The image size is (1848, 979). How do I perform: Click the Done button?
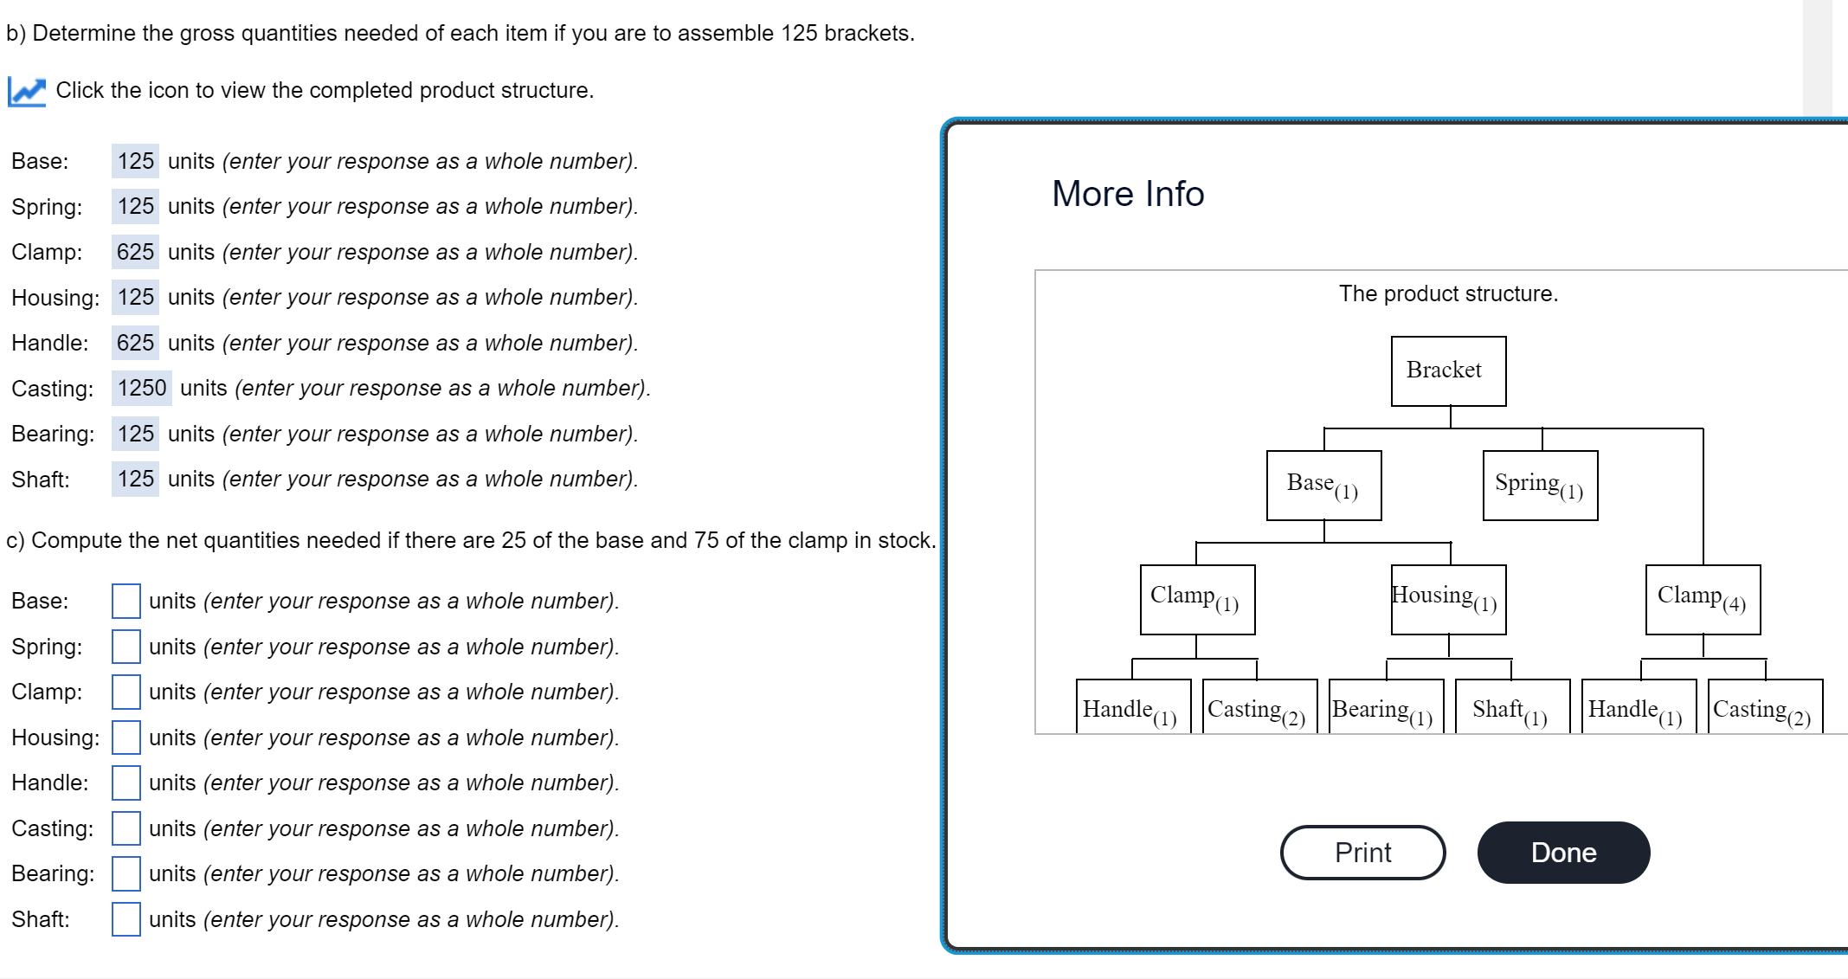1562,853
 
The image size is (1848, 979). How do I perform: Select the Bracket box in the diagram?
1448,370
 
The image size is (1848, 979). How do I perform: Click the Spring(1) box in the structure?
1540,485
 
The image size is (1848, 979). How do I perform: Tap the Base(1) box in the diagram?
1323,485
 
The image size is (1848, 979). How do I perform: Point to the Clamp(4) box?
1703,599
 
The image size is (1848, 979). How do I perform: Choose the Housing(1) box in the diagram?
1448,599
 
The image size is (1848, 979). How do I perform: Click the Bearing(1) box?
1386,708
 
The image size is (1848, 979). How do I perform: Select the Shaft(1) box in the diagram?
1512,708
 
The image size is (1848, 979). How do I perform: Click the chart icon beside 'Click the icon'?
27,91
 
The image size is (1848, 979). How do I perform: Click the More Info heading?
1128,194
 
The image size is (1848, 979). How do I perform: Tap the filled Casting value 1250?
142,388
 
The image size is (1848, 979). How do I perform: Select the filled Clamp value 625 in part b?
135,252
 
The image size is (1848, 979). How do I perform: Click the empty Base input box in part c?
126,601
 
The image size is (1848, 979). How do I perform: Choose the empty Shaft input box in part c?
126,919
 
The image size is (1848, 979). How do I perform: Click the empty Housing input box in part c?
126,737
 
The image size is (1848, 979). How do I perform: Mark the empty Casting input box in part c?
126,828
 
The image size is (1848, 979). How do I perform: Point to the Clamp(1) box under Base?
1197,599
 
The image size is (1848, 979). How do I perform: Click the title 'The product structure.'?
1448,293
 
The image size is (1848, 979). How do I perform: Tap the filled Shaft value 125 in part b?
135,479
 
